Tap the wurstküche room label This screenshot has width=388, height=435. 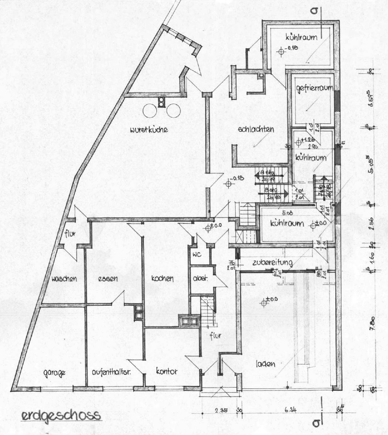(149, 130)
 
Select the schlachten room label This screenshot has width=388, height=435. (256, 129)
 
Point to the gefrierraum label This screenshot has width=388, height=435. (314, 88)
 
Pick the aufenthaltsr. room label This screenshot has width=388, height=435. (111, 372)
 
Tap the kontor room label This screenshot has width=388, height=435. (167, 371)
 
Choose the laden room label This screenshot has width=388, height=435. (264, 364)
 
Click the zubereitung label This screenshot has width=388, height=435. (272, 262)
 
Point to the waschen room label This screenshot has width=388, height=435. (64, 279)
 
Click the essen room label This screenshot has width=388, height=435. (107, 279)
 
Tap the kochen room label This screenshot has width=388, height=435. (162, 279)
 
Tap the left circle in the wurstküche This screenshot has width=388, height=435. (150, 111)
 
